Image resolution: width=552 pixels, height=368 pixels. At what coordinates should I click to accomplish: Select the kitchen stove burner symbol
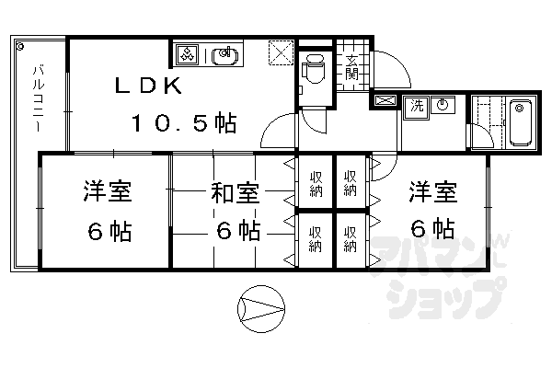[187, 54]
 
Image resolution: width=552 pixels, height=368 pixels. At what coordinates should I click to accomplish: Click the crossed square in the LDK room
[279, 52]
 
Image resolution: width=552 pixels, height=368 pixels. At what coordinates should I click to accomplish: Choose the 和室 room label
[235, 194]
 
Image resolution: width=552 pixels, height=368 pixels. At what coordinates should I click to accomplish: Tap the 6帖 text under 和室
[235, 229]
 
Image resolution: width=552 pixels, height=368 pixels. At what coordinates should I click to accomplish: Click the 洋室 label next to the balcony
[107, 194]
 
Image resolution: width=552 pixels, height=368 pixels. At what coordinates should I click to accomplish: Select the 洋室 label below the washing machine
[431, 193]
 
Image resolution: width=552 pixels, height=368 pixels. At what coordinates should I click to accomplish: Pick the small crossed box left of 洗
[385, 101]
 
